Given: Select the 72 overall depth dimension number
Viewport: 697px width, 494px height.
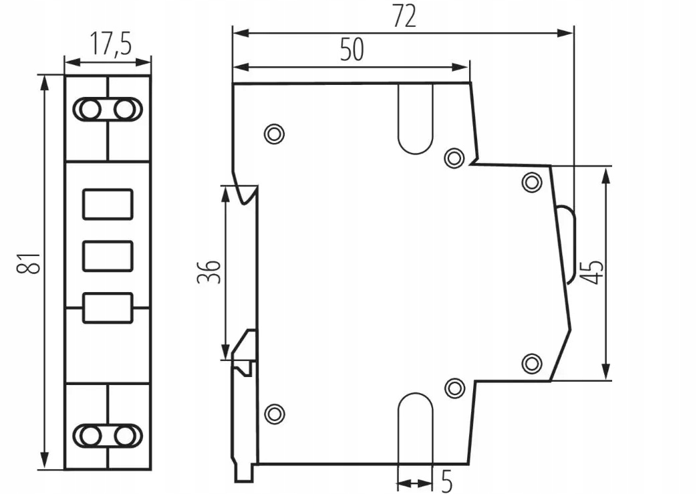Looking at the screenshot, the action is tap(405, 17).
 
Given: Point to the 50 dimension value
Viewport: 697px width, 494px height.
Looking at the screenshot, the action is tap(351, 49).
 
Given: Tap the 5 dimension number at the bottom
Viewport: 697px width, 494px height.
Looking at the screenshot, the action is tap(447, 481).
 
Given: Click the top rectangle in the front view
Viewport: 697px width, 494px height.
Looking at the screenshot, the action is tap(108, 204).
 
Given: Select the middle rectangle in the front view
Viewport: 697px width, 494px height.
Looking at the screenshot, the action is tap(108, 256).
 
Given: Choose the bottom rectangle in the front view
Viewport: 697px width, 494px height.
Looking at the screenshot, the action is tap(108, 307).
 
